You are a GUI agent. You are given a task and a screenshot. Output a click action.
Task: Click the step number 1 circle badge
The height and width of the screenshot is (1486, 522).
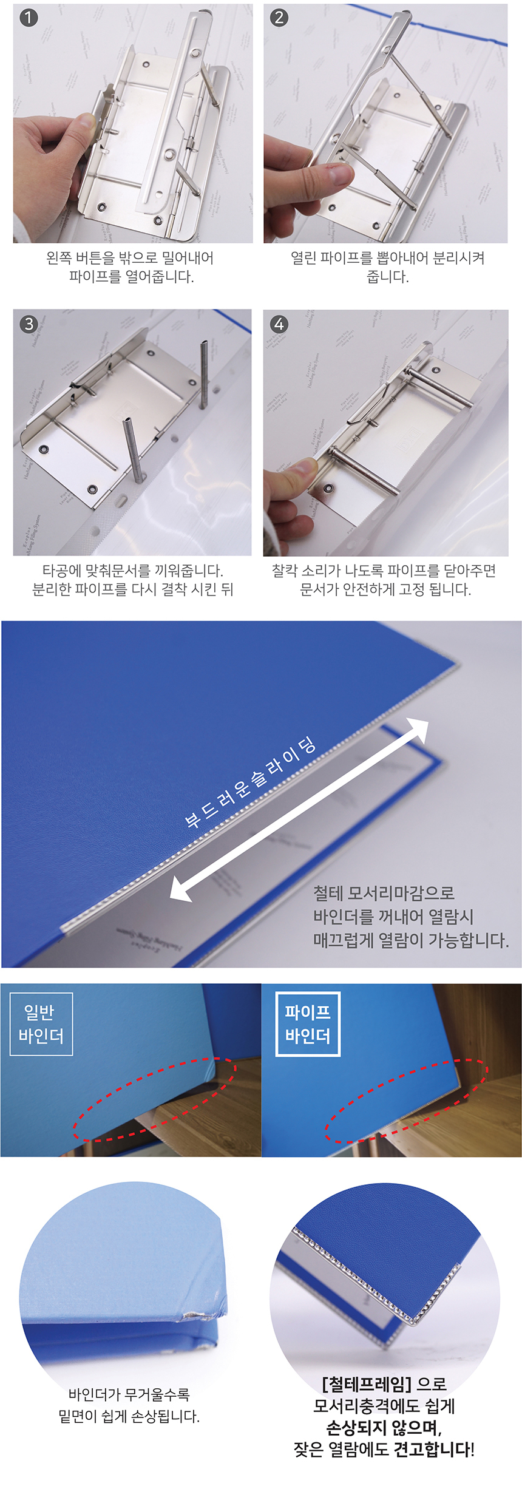pos(29,17)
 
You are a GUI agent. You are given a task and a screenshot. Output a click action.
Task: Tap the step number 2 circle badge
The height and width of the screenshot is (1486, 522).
pos(279,17)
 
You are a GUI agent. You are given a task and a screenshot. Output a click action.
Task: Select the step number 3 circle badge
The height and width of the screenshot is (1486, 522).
pos(29,324)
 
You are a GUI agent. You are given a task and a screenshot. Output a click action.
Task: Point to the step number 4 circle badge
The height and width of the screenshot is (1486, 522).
pos(279,324)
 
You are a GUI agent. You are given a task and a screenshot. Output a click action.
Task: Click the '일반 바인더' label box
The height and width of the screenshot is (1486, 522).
pos(41,1024)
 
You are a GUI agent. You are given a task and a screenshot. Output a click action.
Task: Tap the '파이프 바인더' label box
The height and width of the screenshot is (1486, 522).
pos(308,1024)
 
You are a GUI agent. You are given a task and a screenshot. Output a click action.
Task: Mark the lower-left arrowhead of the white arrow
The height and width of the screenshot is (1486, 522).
pos(181,888)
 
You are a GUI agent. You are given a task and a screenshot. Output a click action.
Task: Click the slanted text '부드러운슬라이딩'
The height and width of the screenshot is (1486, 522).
pos(250,782)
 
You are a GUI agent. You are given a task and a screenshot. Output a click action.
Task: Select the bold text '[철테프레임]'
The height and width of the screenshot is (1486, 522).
pos(366,1383)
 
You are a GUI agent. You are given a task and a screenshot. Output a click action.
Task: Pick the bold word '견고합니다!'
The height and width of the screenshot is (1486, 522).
pos(434,1450)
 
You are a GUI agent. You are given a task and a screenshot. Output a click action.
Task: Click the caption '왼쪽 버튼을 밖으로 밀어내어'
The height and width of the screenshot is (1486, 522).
pos(130,258)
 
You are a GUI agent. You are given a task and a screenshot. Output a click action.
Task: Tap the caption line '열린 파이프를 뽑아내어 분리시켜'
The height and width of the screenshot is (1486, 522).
pos(387,258)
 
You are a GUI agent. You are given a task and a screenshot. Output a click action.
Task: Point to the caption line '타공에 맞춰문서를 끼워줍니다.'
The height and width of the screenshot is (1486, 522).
pos(132,571)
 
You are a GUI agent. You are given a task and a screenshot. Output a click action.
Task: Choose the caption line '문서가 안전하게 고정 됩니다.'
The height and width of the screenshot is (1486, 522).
pos(385,589)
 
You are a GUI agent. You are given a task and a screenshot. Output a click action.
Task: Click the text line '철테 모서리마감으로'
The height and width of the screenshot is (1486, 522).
pos(384,893)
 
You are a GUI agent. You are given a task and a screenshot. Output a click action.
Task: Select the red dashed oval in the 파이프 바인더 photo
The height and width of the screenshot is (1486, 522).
pos(405,1101)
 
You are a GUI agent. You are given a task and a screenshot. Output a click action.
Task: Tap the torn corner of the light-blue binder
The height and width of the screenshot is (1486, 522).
pos(197,1316)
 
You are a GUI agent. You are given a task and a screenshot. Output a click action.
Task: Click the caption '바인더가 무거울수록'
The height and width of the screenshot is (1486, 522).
pos(129,1394)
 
